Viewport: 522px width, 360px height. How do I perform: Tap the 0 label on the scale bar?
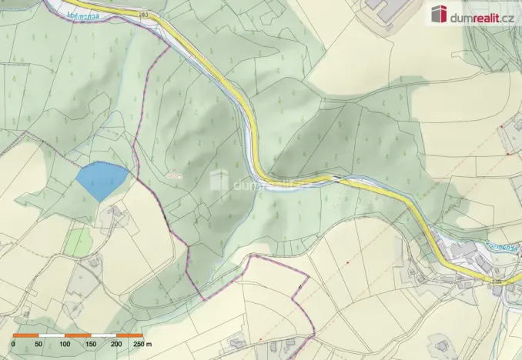pyautogui.click(x=13, y=345)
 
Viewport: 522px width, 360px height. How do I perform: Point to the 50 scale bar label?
pyautogui.click(x=39, y=345)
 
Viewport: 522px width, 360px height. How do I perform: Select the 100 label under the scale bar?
pyautogui.click(x=65, y=345)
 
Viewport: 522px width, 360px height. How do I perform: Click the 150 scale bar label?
pyautogui.click(x=91, y=345)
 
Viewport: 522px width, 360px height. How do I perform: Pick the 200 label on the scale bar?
pyautogui.click(x=116, y=345)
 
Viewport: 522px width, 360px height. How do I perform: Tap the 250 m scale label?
pyautogui.click(x=142, y=345)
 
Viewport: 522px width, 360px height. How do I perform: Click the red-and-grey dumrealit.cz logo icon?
pyautogui.click(x=440, y=14)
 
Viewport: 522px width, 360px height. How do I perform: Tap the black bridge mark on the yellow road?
pyautogui.click(x=335, y=178)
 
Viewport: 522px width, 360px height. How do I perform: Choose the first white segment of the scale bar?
pyautogui.click(x=52, y=336)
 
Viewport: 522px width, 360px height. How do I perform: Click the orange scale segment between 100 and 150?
pyautogui.click(x=78, y=336)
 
